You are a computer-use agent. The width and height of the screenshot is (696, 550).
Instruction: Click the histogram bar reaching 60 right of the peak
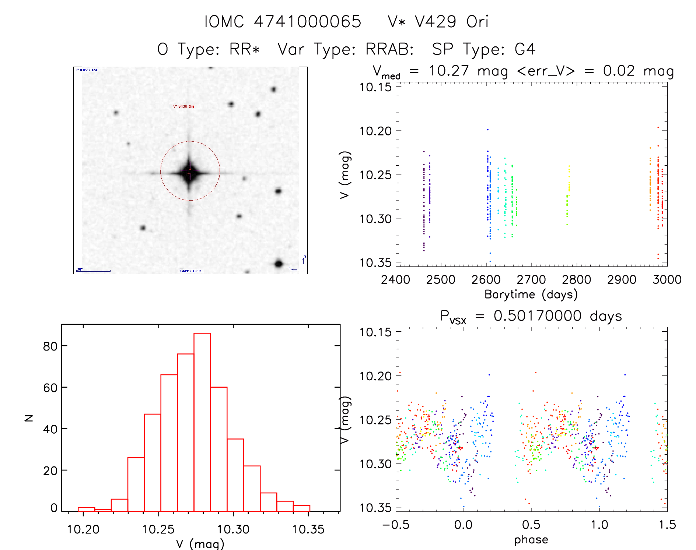(x=219, y=449)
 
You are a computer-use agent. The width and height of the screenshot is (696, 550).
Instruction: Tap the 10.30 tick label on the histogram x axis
(x=233, y=529)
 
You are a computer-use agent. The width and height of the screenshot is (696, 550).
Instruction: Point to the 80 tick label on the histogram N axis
(x=50, y=346)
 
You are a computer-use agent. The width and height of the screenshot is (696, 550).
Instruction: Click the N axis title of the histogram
(x=29, y=418)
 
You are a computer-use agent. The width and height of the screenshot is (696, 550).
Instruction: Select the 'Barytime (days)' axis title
(x=531, y=295)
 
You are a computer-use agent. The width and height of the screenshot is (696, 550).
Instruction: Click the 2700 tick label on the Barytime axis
(x=531, y=280)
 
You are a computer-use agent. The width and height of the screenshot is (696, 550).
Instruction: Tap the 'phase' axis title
(x=531, y=540)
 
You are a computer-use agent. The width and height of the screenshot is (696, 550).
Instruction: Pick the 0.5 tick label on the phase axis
(x=531, y=525)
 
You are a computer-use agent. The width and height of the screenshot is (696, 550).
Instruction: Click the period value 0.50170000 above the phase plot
(x=538, y=316)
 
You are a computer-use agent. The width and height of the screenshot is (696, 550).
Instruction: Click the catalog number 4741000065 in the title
(x=308, y=22)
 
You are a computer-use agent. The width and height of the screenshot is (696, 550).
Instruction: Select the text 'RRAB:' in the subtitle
(x=389, y=49)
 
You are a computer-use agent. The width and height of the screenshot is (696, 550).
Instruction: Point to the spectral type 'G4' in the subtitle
(x=525, y=49)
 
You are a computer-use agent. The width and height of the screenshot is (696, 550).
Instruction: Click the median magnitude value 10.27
(x=449, y=71)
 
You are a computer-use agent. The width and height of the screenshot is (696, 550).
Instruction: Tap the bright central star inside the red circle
(x=190, y=172)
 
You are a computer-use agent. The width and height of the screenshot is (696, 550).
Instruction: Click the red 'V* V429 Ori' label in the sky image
(x=183, y=106)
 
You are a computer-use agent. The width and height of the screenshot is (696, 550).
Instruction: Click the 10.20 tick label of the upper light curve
(x=375, y=131)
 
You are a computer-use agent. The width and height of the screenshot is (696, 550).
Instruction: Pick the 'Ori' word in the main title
(x=478, y=22)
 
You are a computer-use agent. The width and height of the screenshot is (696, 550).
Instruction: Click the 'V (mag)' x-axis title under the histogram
(x=200, y=544)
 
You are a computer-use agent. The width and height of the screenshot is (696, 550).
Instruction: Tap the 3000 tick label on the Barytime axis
(x=667, y=280)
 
